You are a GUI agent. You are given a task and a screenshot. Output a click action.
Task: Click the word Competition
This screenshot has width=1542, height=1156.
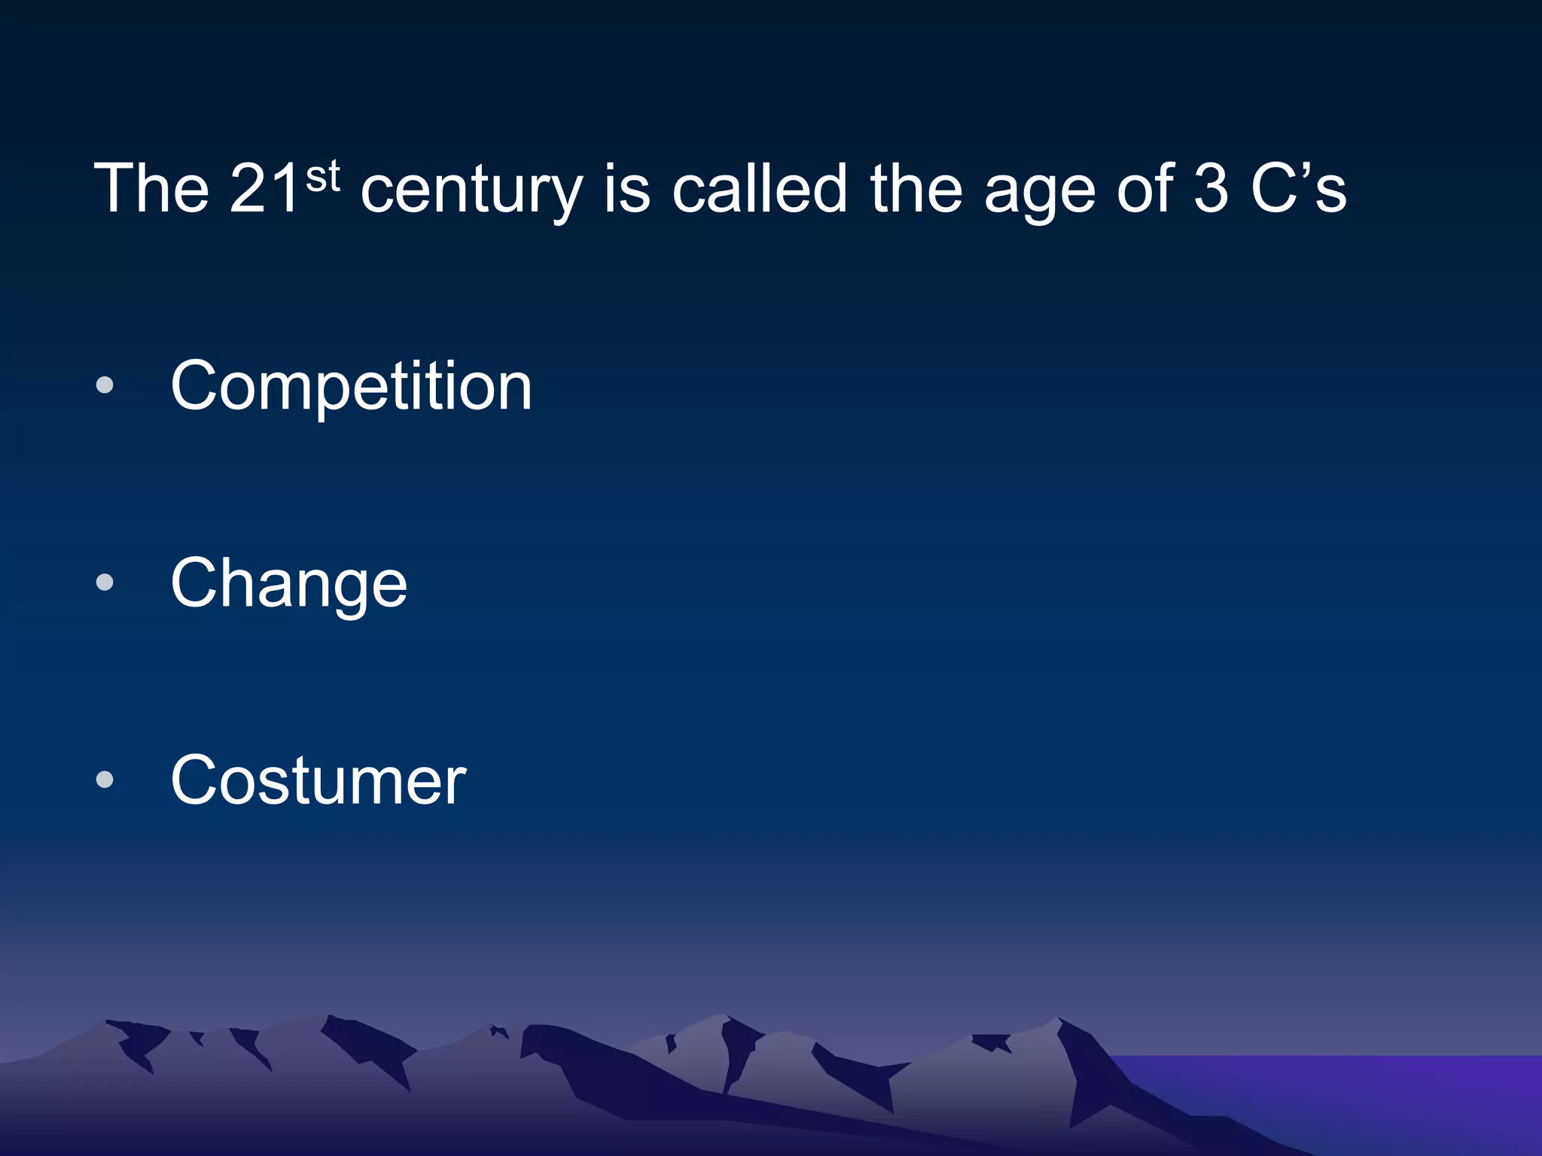[x=351, y=386]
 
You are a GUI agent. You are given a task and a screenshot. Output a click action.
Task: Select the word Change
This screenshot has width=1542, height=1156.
[x=289, y=583]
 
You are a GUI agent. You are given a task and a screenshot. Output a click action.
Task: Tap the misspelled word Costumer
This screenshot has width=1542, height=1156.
[x=318, y=780]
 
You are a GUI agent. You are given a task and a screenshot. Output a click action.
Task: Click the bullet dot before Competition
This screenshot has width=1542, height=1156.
[x=105, y=385]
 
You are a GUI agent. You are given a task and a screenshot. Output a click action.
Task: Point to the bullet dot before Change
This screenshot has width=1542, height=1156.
[x=105, y=583]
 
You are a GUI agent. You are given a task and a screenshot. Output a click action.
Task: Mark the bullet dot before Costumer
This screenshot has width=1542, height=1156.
[x=105, y=780]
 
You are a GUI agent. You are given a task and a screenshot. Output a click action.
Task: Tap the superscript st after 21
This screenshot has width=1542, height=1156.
[x=322, y=178]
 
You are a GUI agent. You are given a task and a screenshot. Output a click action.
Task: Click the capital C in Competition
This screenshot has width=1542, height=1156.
[x=197, y=386]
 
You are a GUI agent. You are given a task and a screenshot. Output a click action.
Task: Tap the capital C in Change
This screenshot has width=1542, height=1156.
[x=197, y=583]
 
